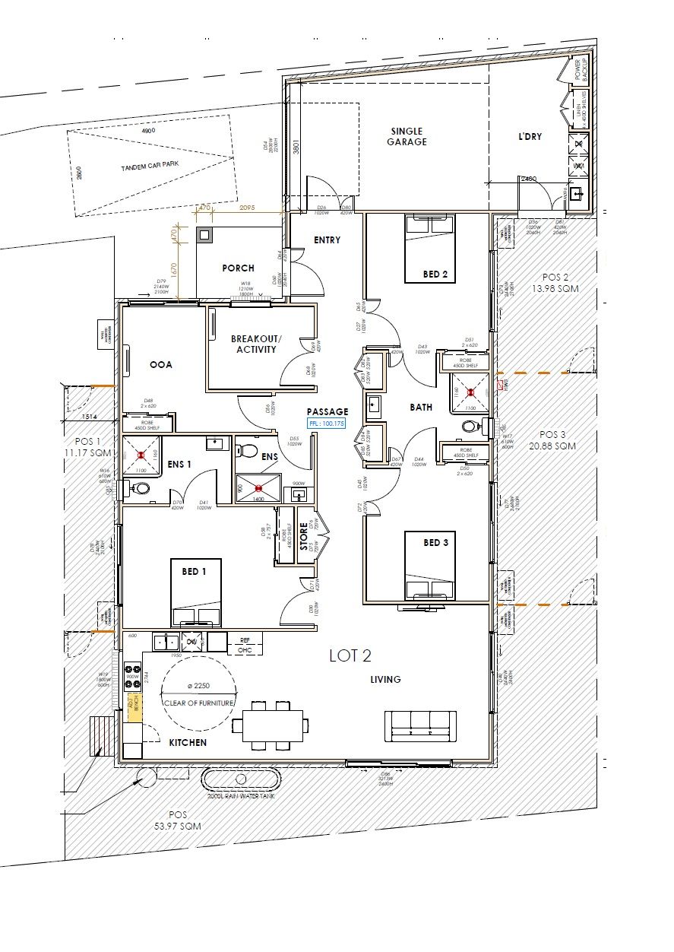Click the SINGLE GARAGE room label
pyautogui.click(x=407, y=136)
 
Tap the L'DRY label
pyautogui.click(x=530, y=136)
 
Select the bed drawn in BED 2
pyautogui.click(x=430, y=249)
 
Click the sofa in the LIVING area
pyautogui.click(x=422, y=726)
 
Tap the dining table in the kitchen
pyautogui.click(x=273, y=725)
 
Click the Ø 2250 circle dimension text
pyautogui.click(x=198, y=687)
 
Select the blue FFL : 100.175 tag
pyautogui.click(x=326, y=423)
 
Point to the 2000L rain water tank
pyautogui.click(x=241, y=779)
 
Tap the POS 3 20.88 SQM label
pyautogui.click(x=552, y=440)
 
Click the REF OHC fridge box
pyautogui.click(x=245, y=644)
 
